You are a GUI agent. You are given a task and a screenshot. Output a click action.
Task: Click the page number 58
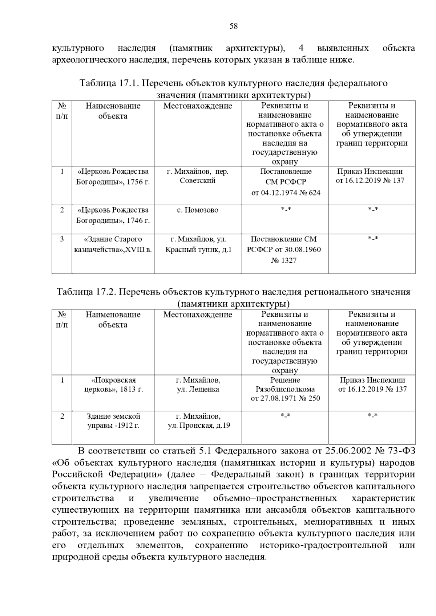pos(234,26)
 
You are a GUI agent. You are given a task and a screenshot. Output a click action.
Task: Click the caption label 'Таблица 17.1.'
pos(109,83)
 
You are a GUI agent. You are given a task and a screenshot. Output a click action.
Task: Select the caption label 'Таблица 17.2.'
pos(86,292)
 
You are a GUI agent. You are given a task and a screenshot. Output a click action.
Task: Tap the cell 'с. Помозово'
pos(197,210)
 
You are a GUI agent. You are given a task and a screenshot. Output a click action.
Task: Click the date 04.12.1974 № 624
pos(286,193)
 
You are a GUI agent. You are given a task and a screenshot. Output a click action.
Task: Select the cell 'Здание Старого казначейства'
pos(113,245)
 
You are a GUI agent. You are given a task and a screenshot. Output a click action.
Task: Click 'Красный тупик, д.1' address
pos(198,250)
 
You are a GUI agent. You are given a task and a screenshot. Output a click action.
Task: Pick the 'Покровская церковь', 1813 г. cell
pos(113,385)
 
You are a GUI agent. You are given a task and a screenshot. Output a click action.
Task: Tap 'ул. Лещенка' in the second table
pos(198,389)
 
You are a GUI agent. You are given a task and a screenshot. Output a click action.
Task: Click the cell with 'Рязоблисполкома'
pos(285,389)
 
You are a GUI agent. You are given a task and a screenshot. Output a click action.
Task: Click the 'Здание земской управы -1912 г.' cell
pos(113,421)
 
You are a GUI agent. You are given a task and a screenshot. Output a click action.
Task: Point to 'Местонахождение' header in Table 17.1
pos(198,106)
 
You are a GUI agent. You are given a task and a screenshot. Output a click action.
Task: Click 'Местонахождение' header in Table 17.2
pos(198,315)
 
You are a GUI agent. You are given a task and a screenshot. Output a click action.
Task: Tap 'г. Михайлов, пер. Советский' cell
pos(198,176)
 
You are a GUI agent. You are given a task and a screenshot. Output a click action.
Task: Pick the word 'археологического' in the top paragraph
pos(89,60)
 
